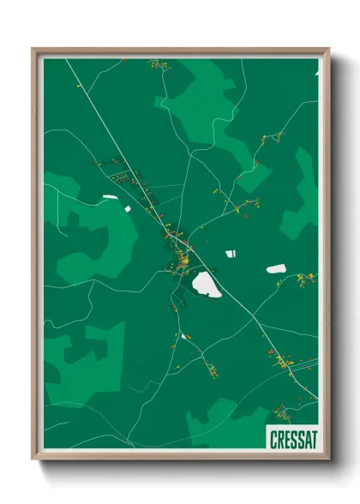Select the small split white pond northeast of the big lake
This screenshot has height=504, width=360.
tap(230, 253)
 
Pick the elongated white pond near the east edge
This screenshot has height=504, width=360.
tap(275, 269)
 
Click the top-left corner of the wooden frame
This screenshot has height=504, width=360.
tap(33, 49)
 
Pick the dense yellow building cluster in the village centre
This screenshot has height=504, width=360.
tap(182, 257)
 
